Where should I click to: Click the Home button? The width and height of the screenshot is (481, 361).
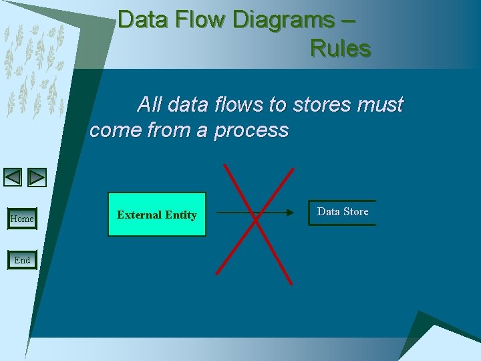(x=22, y=219)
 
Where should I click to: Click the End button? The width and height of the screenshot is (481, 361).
(x=22, y=259)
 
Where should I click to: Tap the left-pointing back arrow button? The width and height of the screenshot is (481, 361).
(x=13, y=177)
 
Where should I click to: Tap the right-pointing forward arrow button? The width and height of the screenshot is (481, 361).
(x=37, y=177)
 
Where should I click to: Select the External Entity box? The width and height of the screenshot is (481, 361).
(x=157, y=215)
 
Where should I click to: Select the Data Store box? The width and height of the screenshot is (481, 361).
(x=342, y=212)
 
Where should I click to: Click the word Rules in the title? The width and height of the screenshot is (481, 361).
(x=340, y=48)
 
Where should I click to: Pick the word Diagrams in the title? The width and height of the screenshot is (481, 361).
(x=283, y=20)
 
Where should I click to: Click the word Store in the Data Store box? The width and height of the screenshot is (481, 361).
(x=356, y=211)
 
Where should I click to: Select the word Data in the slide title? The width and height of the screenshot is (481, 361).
(x=142, y=20)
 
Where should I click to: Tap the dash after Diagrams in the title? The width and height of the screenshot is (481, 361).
(x=348, y=20)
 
